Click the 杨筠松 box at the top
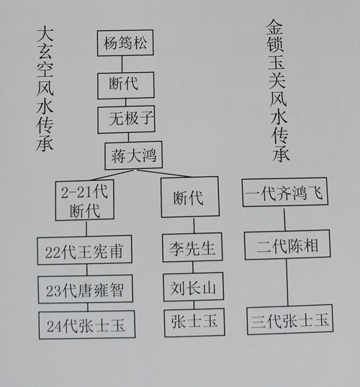[125, 43]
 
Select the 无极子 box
[126, 119]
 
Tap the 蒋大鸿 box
[133, 155]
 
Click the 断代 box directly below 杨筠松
[126, 85]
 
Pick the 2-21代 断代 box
[84, 200]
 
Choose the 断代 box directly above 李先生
[190, 197]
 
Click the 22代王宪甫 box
[84, 250]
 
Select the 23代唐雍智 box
[85, 289]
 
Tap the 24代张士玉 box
[86, 325]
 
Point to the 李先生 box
[192, 247]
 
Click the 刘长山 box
[194, 286]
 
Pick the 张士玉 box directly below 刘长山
[194, 322]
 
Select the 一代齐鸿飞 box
[285, 192]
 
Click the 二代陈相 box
[287, 245]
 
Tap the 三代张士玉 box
[290, 320]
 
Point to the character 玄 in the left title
[45, 51]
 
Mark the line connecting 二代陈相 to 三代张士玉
[287, 283]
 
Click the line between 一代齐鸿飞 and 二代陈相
[284, 219]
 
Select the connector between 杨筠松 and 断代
[122, 64]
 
